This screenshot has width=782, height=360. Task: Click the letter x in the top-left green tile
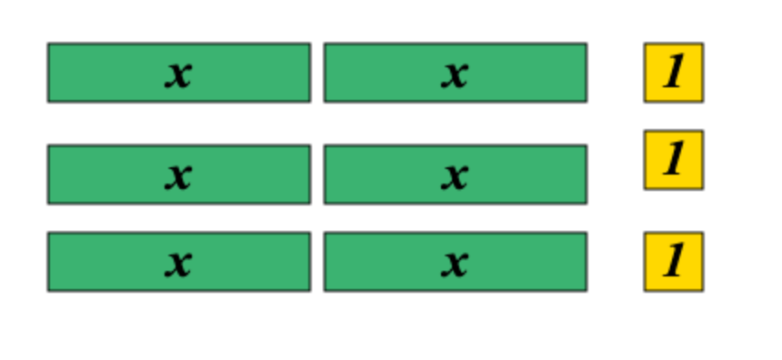[178, 75]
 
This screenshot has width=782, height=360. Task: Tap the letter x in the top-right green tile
[455, 75]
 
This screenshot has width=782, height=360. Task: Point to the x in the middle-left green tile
[178, 176]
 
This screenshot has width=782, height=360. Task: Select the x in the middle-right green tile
[455, 176]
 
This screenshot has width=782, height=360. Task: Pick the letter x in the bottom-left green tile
[178, 264]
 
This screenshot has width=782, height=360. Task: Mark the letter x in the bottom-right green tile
[455, 264]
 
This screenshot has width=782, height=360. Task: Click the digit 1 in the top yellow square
[673, 73]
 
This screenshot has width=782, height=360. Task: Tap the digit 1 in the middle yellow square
[673, 160]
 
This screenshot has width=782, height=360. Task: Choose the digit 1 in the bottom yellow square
[673, 261]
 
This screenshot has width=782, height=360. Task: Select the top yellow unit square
[674, 73]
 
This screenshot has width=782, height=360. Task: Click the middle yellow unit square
[674, 160]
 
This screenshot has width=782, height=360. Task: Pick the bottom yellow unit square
[674, 262]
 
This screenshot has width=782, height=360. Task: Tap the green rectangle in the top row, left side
[179, 73]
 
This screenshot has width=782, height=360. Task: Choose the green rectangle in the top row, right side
[456, 73]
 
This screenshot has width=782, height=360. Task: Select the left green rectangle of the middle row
[179, 175]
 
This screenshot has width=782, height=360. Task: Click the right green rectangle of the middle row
[456, 175]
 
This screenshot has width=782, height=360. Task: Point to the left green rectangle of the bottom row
[179, 262]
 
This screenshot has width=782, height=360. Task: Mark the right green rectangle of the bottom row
[456, 262]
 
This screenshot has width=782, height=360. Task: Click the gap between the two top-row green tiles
[317, 73]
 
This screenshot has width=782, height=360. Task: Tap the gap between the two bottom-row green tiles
[317, 262]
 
